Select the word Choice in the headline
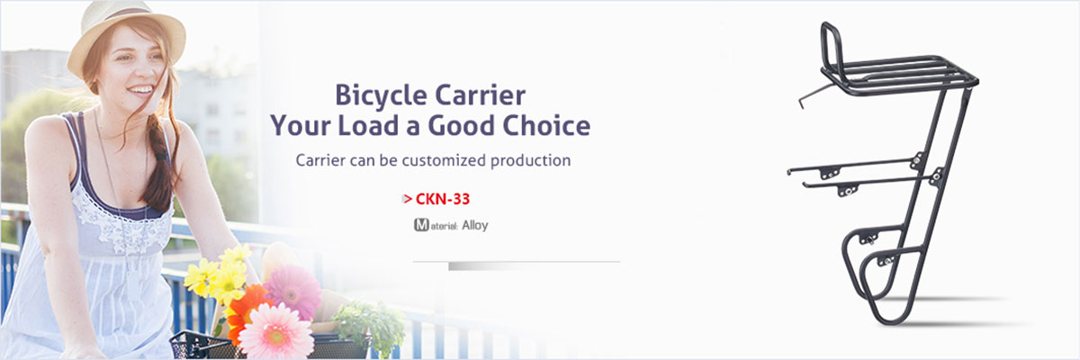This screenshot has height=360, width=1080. click(546, 125)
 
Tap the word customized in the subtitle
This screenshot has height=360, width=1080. click(444, 160)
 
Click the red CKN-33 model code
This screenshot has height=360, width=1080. click(442, 199)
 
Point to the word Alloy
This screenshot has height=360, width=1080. click(475, 226)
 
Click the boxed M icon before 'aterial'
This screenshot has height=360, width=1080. click(421, 225)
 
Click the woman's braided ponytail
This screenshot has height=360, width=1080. click(159, 164)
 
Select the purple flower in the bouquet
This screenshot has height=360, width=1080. click(292, 292)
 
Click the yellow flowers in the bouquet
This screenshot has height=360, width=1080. click(220, 274)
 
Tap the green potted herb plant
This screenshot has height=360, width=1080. click(370, 322)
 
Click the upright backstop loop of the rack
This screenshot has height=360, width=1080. click(832, 46)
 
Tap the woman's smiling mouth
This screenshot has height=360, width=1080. click(140, 90)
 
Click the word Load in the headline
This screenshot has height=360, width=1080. click(368, 125)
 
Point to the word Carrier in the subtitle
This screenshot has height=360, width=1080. click(320, 160)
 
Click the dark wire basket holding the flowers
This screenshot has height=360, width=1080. click(202, 346)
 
